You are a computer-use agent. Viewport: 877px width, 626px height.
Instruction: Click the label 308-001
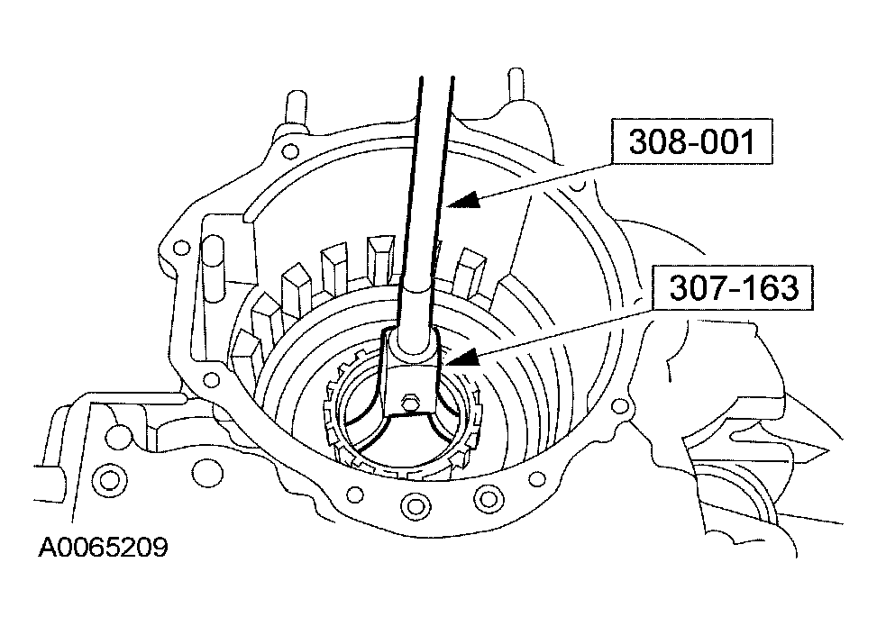690,142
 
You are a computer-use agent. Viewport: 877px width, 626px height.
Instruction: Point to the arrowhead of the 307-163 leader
461,358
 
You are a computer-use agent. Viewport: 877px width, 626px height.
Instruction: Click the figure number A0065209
103,548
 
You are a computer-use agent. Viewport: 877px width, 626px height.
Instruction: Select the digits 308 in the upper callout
653,142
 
